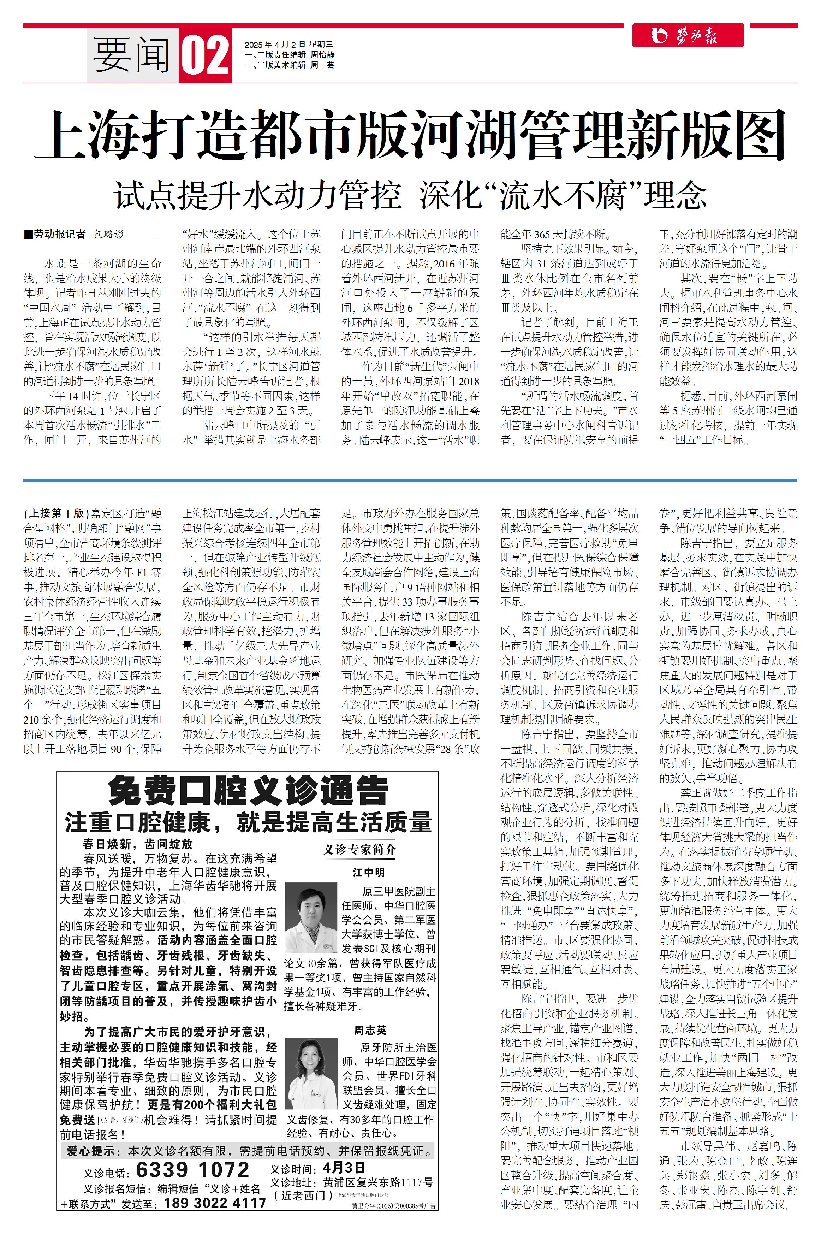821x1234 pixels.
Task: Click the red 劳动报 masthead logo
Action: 688,36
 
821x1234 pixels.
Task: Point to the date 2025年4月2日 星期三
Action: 288,45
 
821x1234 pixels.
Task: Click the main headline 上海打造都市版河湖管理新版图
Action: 410,135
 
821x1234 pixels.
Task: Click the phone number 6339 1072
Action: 192,1170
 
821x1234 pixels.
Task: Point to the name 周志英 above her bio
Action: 370,1030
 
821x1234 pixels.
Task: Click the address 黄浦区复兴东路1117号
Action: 378,1182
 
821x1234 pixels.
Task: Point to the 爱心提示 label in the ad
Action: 91,1151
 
